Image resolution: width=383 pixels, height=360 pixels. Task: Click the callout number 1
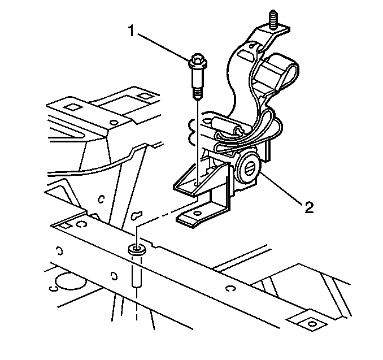click(x=132, y=31)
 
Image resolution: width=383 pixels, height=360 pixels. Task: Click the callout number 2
click(x=309, y=208)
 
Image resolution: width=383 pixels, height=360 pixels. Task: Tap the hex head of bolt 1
click(x=198, y=61)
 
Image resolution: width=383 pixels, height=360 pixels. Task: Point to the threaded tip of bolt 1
click(x=198, y=94)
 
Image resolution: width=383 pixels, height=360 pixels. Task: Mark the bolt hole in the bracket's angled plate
click(x=196, y=183)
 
